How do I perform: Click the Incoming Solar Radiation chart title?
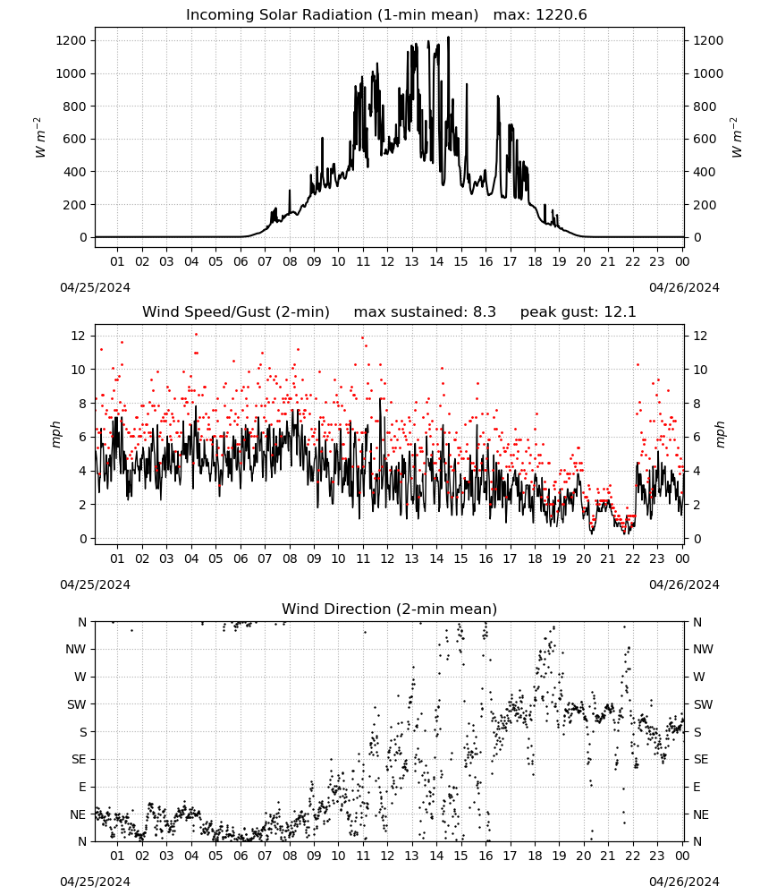pyautogui.click(x=332, y=15)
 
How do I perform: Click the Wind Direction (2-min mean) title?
pyautogui.click(x=390, y=609)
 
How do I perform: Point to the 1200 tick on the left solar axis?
pyautogui.click(x=71, y=40)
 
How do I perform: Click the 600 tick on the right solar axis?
pyautogui.click(x=705, y=140)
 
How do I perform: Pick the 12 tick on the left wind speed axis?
pyautogui.click(x=79, y=336)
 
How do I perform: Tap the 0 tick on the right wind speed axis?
pyautogui.click(x=697, y=539)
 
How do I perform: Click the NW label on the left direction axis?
pyautogui.click(x=76, y=649)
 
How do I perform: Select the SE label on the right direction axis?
pyautogui.click(x=701, y=759)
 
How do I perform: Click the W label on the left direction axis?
pyautogui.click(x=80, y=677)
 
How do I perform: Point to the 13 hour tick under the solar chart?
pyautogui.click(x=411, y=261)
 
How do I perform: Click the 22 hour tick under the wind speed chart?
pyautogui.click(x=632, y=558)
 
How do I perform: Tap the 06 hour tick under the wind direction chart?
pyautogui.click(x=241, y=856)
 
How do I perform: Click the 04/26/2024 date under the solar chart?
pyautogui.click(x=684, y=287)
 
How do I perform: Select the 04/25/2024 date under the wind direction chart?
pyautogui.click(x=95, y=882)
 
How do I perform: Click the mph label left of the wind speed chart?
pyautogui.click(x=55, y=434)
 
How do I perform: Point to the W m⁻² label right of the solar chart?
pyautogui.click(x=736, y=138)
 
